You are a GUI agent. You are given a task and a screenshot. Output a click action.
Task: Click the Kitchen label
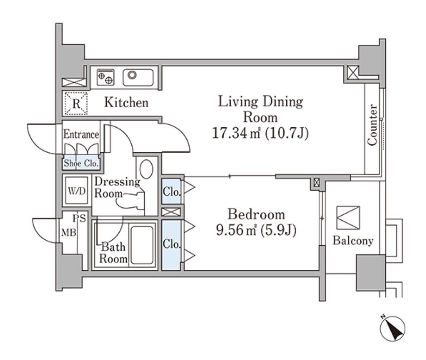126,102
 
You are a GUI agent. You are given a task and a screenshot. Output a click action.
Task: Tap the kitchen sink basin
138,77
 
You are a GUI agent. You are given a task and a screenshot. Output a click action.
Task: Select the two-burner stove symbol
106,77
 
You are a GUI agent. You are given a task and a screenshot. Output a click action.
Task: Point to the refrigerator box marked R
76,104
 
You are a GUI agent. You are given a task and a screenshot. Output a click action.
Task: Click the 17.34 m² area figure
236,133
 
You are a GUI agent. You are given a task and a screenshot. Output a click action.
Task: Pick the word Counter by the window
372,125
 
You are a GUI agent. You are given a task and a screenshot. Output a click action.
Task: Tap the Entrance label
81,134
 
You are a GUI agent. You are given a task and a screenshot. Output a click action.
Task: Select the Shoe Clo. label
81,163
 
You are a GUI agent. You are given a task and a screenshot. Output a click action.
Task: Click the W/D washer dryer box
77,191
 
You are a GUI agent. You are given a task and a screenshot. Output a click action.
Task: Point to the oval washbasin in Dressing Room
146,169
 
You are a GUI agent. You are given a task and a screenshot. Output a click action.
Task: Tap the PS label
79,218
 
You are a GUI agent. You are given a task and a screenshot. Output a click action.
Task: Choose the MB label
69,233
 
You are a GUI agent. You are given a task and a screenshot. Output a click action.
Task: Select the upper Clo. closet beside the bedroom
171,191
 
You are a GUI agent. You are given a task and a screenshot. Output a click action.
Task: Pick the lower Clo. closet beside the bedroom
171,245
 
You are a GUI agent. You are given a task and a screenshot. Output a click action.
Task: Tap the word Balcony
353,241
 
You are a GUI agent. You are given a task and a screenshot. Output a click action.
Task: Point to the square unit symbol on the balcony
348,218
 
